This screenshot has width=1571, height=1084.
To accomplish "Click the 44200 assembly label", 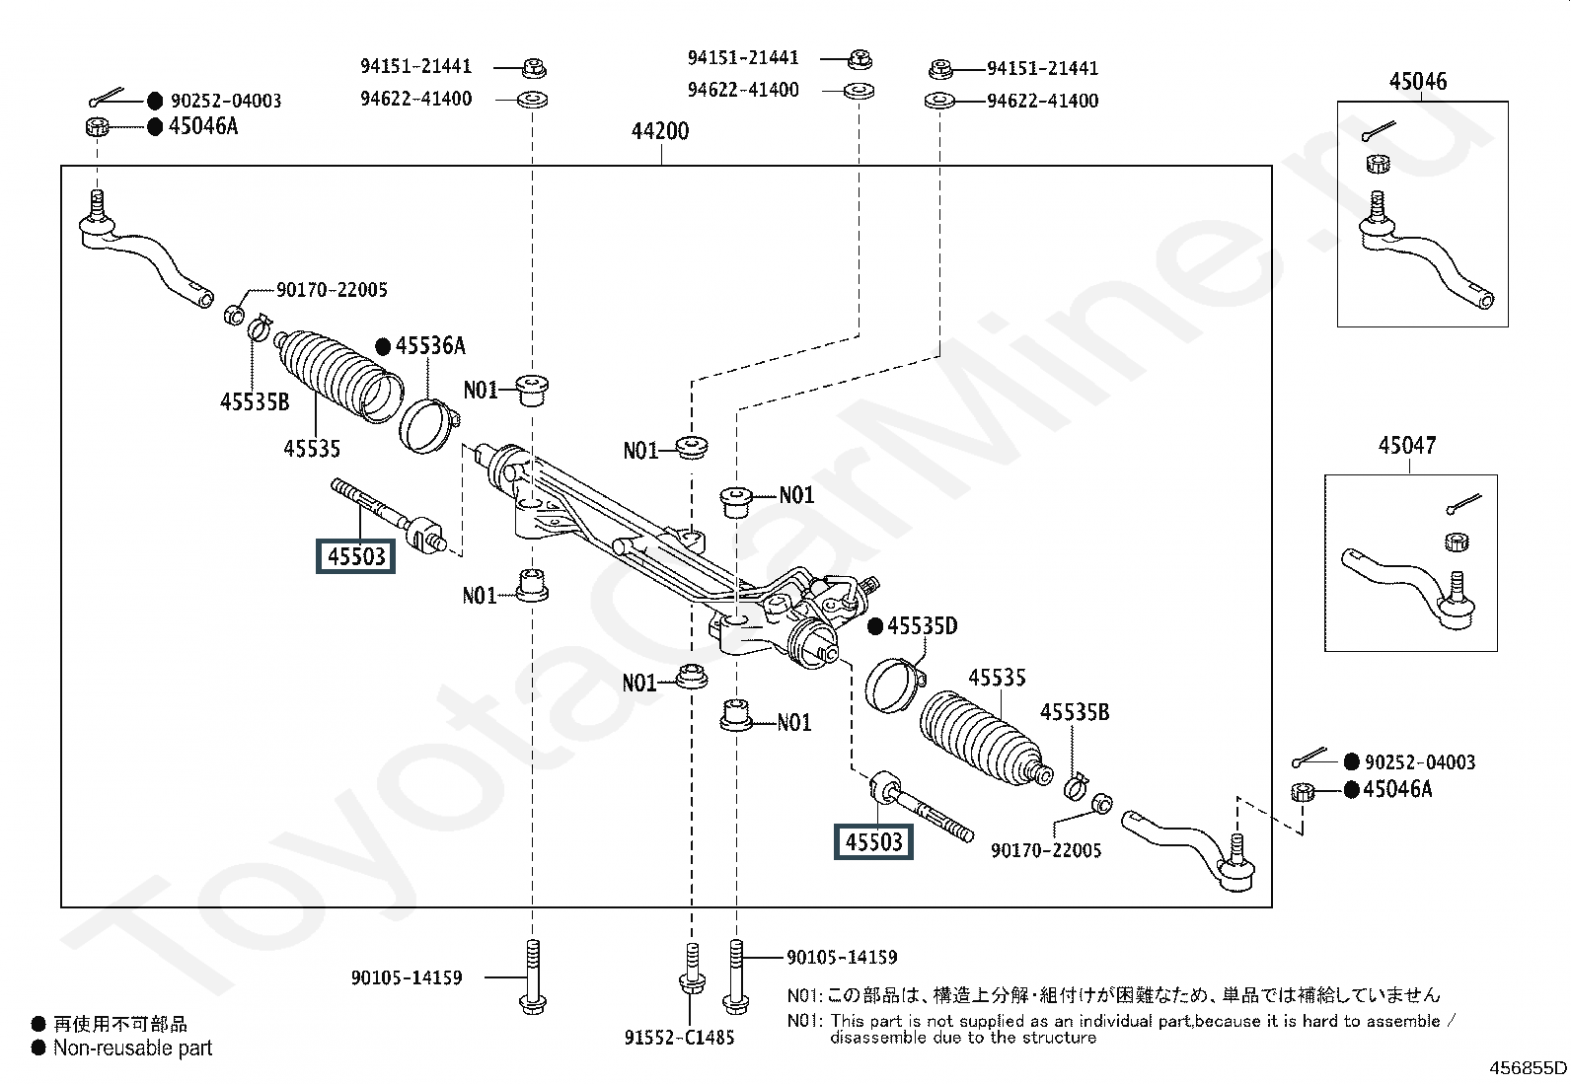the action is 660,131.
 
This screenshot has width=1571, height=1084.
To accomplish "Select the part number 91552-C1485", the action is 679,1038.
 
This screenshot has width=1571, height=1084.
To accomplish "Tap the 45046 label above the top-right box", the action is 1417,81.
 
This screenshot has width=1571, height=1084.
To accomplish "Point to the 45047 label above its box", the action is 1407,445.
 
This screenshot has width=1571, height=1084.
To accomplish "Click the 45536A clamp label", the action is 430,345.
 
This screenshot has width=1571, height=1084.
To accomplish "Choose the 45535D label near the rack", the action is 923,626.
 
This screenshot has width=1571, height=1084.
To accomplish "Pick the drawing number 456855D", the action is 1528,1068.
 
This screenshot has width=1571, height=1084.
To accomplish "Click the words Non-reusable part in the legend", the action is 132,1048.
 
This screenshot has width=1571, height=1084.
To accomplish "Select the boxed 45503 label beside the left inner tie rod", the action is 355,556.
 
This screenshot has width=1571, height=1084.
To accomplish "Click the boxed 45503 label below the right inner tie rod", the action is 873,841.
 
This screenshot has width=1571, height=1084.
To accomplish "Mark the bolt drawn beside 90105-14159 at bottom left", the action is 532,976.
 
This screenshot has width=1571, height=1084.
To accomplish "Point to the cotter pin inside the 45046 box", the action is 1379,131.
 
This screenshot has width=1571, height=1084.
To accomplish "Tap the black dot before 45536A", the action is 383,346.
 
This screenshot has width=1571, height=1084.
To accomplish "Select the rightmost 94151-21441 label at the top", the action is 1042,69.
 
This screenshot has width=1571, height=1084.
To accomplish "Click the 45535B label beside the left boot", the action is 255,401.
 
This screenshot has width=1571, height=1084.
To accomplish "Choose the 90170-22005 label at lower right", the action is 1046,850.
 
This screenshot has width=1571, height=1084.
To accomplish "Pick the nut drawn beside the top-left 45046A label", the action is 97,127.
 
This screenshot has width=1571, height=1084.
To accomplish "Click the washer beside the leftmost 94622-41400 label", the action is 532,100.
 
